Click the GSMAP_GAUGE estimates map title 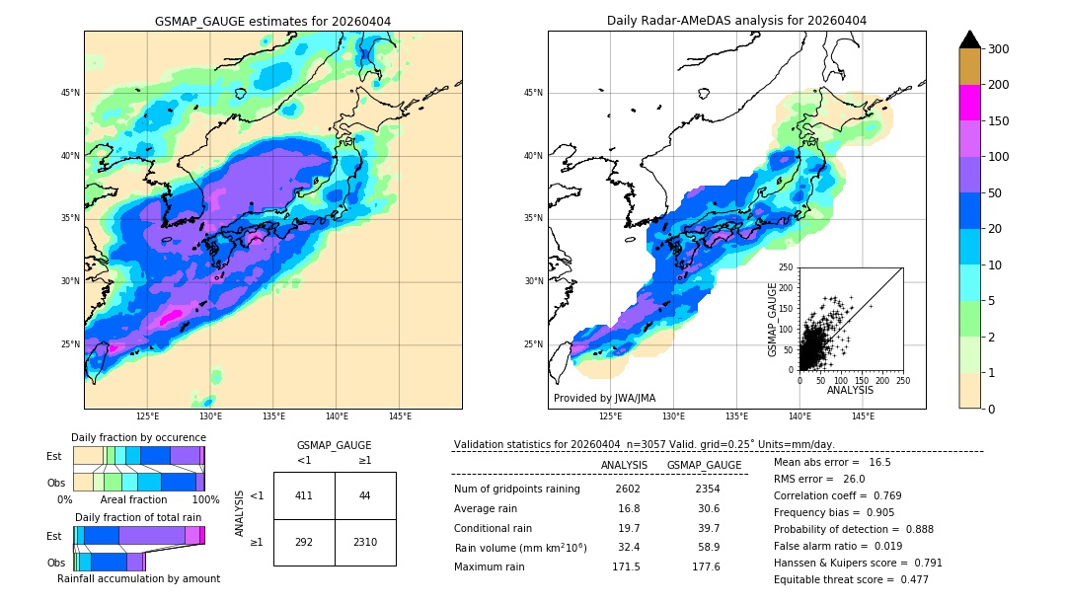(272, 21)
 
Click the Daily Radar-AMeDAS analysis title (736, 21)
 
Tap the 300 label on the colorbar (999, 49)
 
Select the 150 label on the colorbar (999, 121)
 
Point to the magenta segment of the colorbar (969, 103)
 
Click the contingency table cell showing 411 (304, 495)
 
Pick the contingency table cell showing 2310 (365, 542)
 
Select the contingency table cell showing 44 (365, 495)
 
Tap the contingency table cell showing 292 (304, 542)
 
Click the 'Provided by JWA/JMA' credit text (604, 399)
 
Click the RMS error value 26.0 (854, 480)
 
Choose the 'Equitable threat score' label (836, 579)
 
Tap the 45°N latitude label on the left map (69, 93)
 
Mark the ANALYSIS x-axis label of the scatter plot (850, 390)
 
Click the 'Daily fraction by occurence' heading (138, 438)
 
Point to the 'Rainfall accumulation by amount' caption (138, 578)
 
